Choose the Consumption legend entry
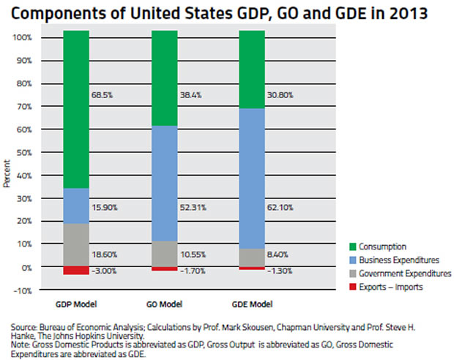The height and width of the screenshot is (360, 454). [x=381, y=247]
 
